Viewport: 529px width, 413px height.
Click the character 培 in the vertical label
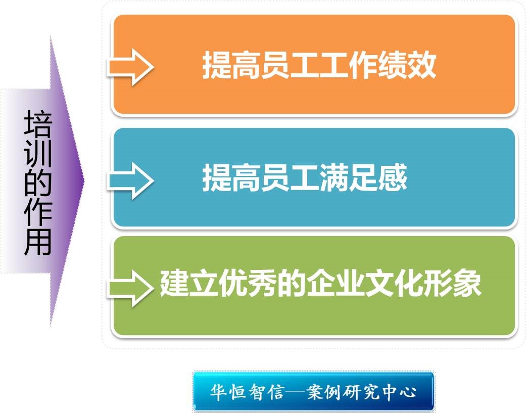[x=38, y=124]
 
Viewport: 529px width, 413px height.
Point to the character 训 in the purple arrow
[x=38, y=153]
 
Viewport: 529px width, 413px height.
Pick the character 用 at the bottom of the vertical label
[x=38, y=242]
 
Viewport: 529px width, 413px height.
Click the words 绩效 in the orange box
[x=407, y=65]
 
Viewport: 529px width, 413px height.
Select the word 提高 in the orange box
[x=231, y=65]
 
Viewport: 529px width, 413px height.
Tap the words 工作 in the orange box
[x=349, y=65]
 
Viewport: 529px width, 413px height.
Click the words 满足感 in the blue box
[x=363, y=178]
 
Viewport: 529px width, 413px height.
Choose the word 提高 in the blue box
[x=231, y=178]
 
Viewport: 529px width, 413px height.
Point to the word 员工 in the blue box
[x=290, y=178]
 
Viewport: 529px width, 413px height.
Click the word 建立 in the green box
[x=189, y=283]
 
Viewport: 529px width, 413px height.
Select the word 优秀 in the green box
[x=248, y=283]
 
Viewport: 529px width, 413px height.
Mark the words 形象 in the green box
[x=452, y=283]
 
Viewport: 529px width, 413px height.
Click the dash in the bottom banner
[x=295, y=392]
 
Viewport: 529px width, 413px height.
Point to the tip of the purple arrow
[x=84, y=181]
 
